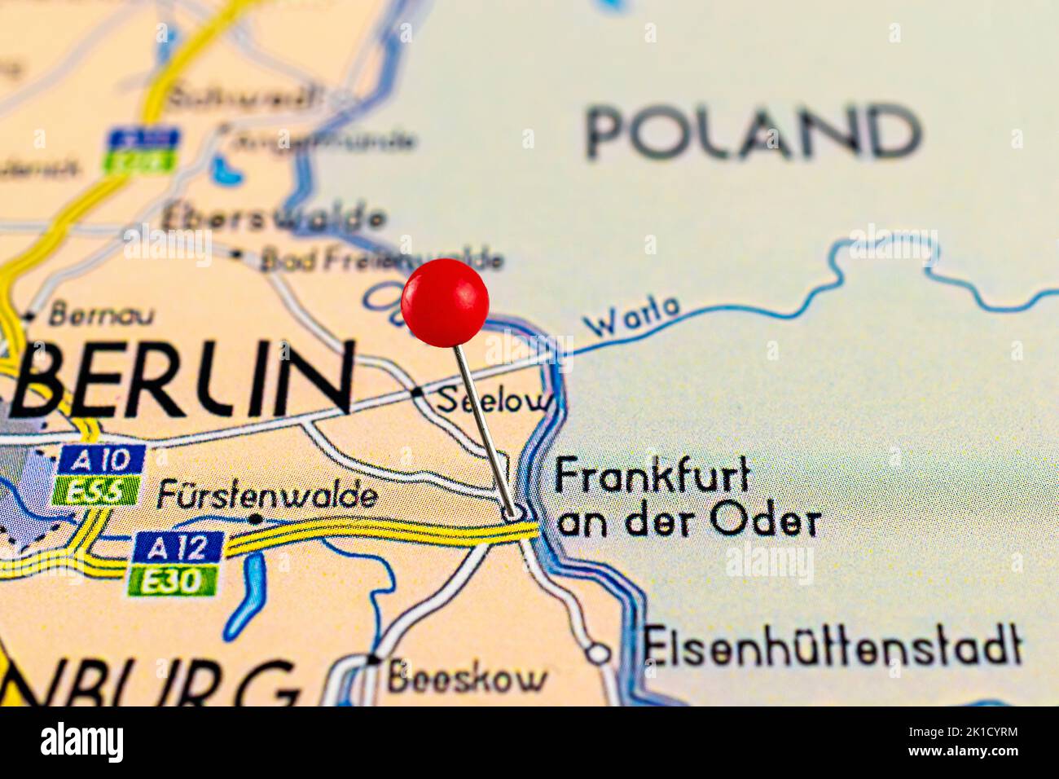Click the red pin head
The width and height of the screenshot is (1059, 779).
(445, 302)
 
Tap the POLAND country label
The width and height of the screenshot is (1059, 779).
(754, 132)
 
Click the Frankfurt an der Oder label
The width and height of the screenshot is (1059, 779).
(686, 498)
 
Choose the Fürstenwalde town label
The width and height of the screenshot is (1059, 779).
(267, 495)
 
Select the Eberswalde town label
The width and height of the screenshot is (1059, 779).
(273, 218)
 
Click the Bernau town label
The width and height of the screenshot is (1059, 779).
(100, 314)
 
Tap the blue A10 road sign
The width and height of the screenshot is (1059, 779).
(101, 460)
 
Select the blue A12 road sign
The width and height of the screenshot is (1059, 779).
(178, 547)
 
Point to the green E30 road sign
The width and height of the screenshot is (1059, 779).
(173, 580)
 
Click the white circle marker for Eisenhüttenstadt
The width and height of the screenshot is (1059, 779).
(599, 652)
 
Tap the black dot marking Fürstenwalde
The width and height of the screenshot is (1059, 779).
(255, 518)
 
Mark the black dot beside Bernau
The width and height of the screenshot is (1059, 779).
(30, 316)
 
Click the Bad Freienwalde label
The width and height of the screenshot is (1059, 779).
(381, 260)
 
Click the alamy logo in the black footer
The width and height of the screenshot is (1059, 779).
(81, 743)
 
